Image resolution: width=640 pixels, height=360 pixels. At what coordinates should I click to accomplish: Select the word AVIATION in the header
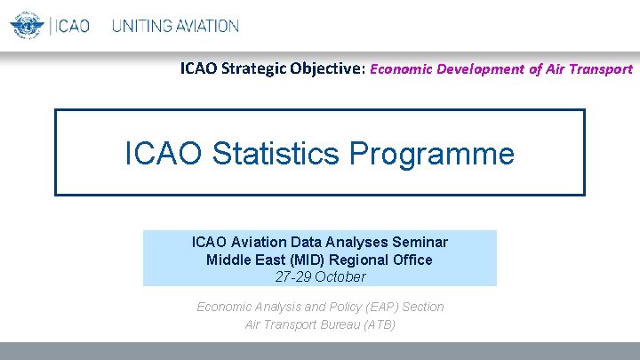tap(205, 26)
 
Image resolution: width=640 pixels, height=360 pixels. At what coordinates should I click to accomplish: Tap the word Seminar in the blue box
tap(420, 242)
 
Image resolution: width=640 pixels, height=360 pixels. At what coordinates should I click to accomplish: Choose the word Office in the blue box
tap(413, 260)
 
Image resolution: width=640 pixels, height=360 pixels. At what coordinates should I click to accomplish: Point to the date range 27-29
tap(295, 276)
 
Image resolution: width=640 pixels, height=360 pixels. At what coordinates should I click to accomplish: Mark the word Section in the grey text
tap(423, 307)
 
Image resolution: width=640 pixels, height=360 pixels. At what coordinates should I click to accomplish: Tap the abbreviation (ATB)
tap(378, 324)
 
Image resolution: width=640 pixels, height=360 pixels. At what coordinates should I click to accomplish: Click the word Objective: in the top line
tap(327, 68)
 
